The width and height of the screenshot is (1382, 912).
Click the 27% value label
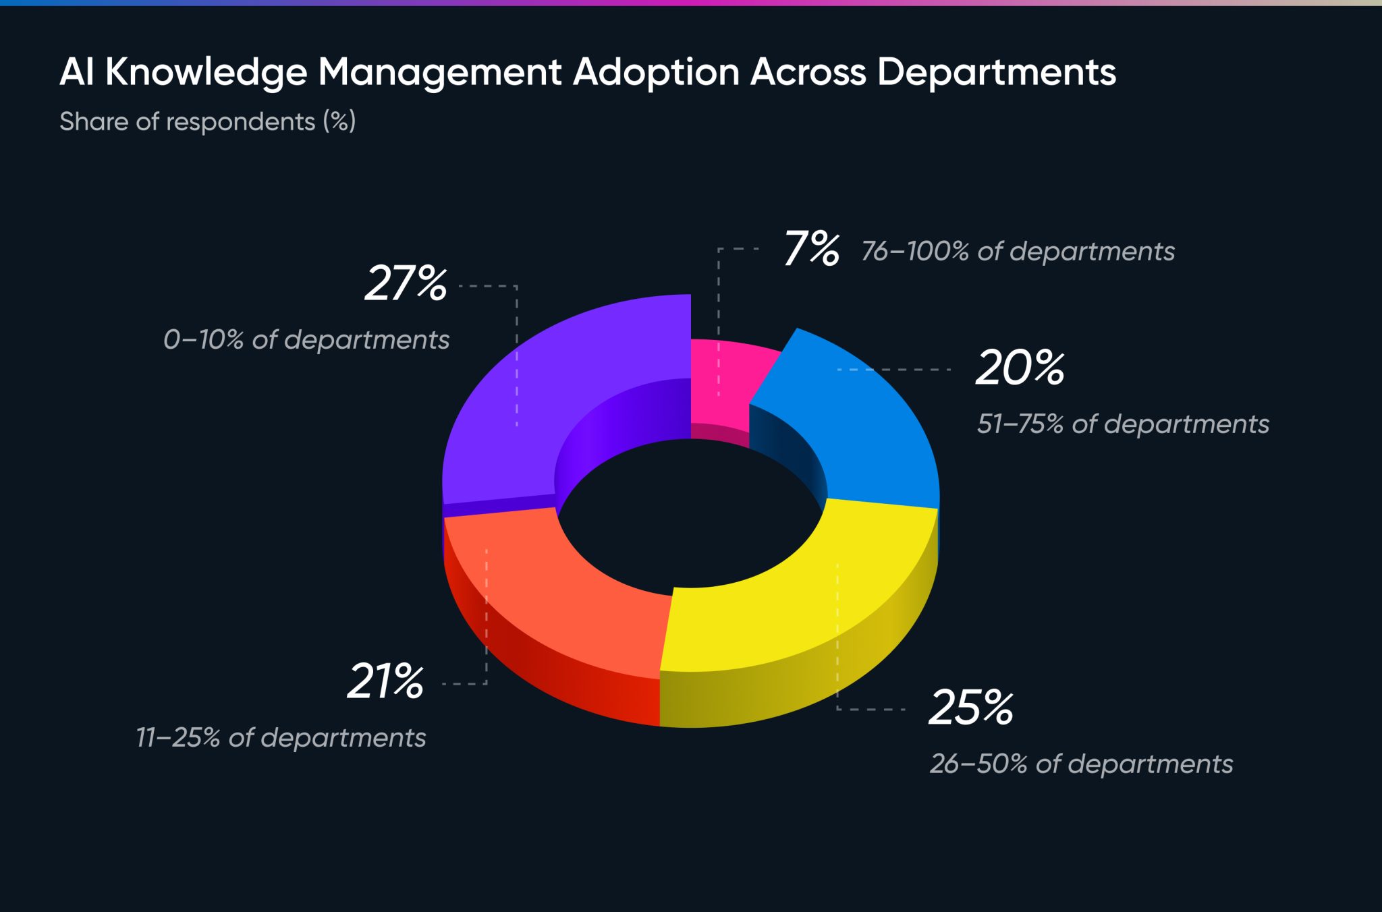pos(406,283)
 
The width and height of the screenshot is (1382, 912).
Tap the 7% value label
pos(811,249)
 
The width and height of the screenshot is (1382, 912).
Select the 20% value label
pos(1020,368)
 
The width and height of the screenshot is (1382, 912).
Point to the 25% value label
pos(970,708)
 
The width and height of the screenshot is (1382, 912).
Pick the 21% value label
pos(385,681)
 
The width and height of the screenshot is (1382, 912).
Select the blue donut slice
pos(864,432)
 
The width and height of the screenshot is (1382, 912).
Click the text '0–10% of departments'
pos(306,340)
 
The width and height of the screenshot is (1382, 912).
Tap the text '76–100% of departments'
pos(1018,252)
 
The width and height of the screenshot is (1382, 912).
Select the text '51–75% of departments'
pos(1123,424)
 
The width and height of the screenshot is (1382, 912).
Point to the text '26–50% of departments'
pos(1081,764)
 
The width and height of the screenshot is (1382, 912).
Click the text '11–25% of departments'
pos(281,738)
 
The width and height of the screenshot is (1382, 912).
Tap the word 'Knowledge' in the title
pos(206,72)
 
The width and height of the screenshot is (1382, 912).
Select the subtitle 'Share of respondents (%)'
pos(207,122)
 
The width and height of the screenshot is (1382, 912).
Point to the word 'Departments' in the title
pos(996,72)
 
